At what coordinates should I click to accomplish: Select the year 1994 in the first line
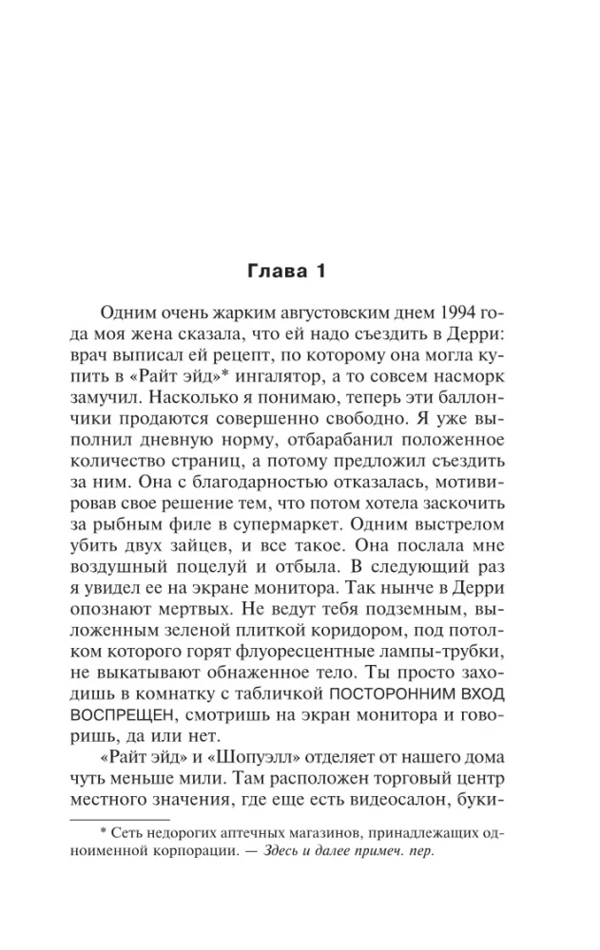pos(456,314)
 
